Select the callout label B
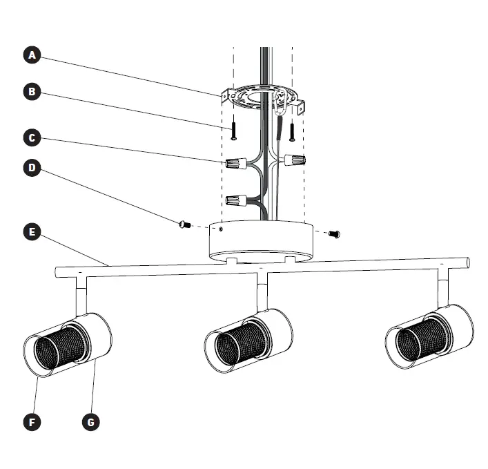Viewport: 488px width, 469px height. point(30,91)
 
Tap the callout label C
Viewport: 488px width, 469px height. point(30,137)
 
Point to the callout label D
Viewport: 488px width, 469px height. point(30,168)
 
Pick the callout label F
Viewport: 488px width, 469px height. point(30,421)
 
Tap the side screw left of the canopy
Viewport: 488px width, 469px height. point(184,223)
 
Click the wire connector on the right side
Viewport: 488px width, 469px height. point(295,160)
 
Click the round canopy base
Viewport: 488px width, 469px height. point(261,242)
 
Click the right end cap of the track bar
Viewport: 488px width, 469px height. point(467,263)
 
